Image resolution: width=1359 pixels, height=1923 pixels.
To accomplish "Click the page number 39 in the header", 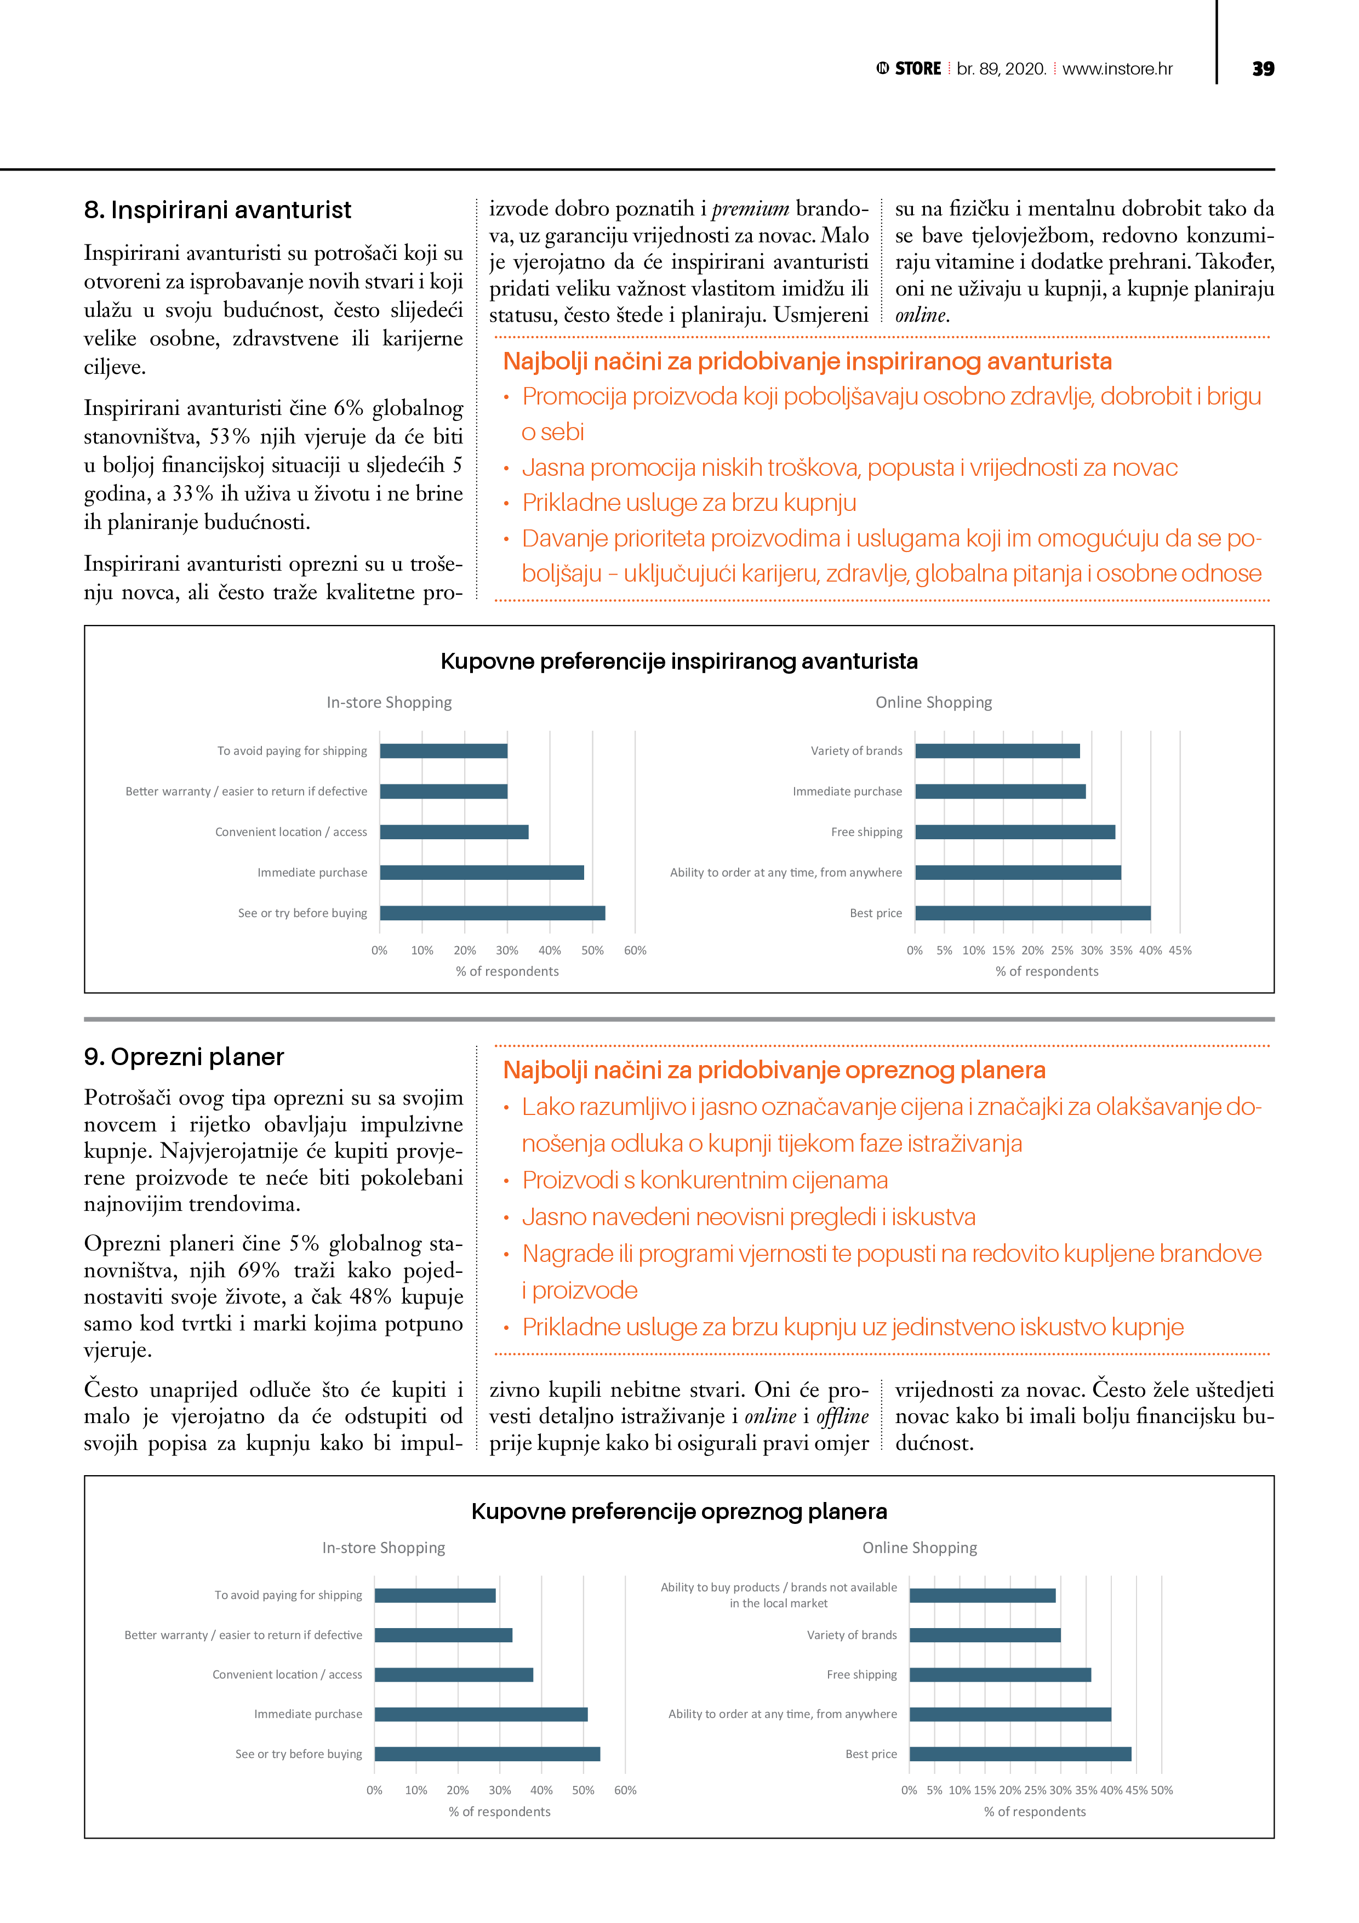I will [x=1263, y=69].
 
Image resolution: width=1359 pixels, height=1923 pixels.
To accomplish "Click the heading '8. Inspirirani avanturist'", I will [x=218, y=209].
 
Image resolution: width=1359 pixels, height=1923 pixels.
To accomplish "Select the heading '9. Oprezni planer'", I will [x=184, y=1057].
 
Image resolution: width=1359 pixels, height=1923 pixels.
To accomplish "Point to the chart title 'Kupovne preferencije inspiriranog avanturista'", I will [x=679, y=662].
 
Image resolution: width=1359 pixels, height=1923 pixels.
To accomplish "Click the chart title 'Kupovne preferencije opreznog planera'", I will [x=679, y=1512].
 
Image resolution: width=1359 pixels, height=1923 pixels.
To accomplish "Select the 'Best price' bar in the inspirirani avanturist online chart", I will [x=1032, y=913].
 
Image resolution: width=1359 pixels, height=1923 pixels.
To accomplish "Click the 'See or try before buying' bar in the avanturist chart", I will [x=492, y=913].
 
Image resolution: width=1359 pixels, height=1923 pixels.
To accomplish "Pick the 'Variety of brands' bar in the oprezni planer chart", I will [x=985, y=1635].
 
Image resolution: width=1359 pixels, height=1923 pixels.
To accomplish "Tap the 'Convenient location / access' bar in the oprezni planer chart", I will [x=454, y=1674].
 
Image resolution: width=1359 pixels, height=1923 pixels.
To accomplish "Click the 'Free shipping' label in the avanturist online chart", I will [x=867, y=832].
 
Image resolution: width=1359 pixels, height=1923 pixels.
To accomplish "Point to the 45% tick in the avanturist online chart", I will [x=1180, y=951].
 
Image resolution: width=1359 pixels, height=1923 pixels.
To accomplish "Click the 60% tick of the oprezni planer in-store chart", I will [x=625, y=1790].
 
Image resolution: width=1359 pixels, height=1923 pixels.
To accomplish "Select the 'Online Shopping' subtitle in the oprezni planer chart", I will [x=920, y=1548].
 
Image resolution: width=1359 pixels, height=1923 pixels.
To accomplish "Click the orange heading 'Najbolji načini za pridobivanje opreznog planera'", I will [x=774, y=1071].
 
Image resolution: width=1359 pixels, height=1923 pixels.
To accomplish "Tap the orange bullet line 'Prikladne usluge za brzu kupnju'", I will [x=689, y=503].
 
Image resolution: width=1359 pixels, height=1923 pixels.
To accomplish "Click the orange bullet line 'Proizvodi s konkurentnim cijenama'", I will [x=705, y=1180].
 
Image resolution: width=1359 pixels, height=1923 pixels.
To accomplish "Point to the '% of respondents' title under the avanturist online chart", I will [x=1047, y=971].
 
